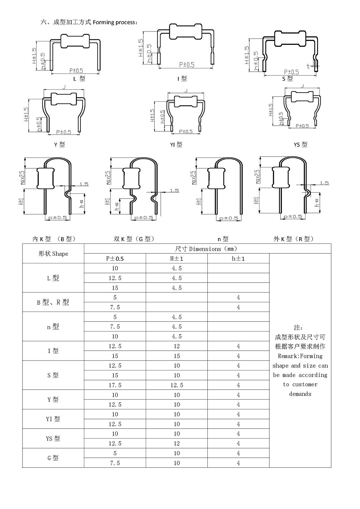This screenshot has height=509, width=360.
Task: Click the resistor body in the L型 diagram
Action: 75,41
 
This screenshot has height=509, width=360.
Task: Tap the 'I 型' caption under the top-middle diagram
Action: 182,79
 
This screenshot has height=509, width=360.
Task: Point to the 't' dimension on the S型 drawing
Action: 308,65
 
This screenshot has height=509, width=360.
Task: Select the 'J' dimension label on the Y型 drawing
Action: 64,87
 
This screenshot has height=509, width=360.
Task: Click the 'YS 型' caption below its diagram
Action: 300,145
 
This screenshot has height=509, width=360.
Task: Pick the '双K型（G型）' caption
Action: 134,239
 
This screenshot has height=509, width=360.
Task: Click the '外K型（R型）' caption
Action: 293,239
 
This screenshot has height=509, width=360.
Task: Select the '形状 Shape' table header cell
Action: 53,254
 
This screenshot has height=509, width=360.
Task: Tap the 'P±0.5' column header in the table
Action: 115,259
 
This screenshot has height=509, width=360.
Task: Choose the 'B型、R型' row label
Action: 53,302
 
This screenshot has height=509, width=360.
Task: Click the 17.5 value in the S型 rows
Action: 115,385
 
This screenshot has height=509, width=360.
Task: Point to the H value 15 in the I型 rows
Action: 177,356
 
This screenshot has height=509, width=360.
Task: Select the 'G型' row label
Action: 53,458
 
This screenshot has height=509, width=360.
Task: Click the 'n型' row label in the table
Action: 53,327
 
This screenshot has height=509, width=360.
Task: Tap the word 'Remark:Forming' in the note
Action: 300,356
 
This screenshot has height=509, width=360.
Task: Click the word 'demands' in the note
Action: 300,394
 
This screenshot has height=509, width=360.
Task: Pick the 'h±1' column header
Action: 238,259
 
